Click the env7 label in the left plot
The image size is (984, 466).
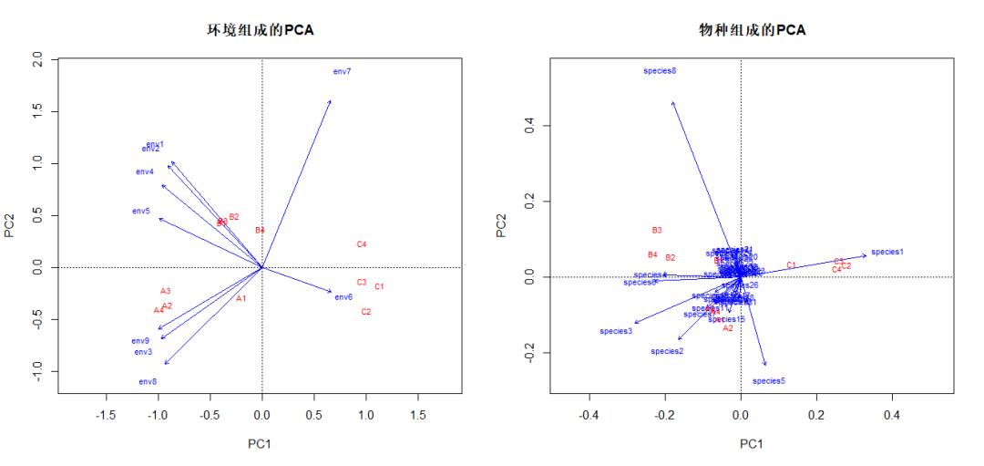tap(342, 71)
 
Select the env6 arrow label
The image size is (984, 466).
tap(343, 297)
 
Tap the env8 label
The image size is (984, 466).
tap(148, 382)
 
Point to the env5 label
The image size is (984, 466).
tap(140, 212)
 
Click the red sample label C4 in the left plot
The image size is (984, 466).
tap(362, 244)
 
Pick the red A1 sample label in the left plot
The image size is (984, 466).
tap(241, 299)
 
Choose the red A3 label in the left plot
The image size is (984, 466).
tap(166, 291)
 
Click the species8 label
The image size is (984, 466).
tap(660, 71)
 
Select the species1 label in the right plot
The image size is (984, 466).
tap(887, 252)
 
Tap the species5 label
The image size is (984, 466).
tap(768, 381)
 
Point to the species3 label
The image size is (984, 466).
tap(616, 331)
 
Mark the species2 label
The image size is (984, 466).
tap(667, 351)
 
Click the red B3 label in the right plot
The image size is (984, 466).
tap(657, 231)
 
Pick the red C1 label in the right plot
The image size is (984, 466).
tap(792, 265)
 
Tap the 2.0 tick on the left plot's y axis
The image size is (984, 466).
tap(37, 59)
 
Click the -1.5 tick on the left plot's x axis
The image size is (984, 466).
tap(107, 415)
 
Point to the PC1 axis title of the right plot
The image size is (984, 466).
tap(751, 444)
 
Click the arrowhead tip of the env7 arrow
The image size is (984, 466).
tap(330, 101)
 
